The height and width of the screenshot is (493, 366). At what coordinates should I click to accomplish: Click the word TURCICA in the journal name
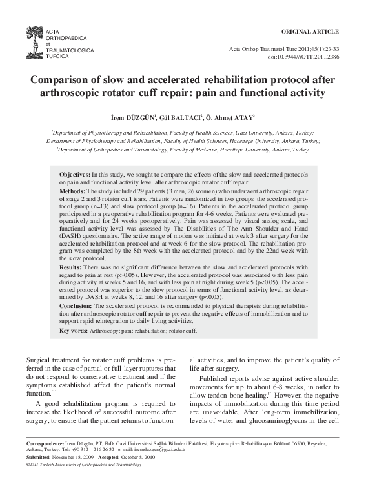tap(57, 56)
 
